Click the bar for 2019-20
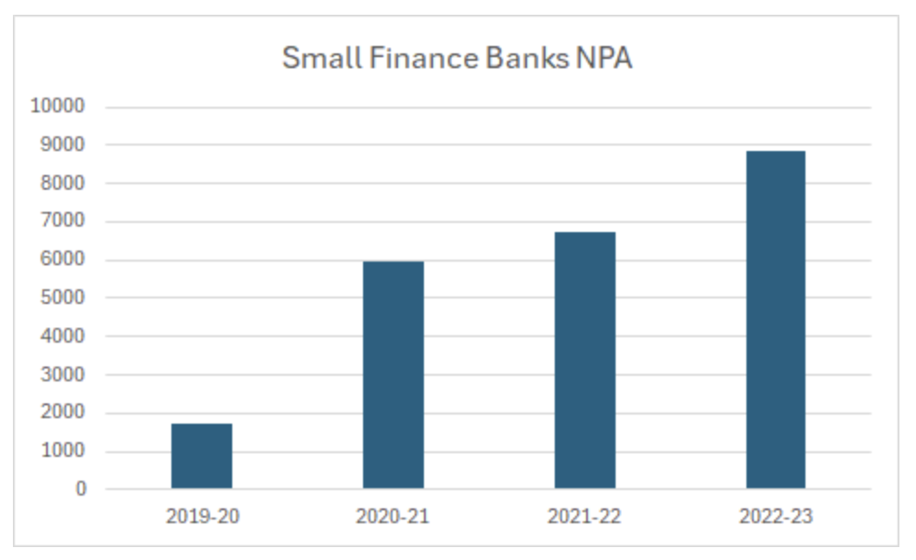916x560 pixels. point(202,456)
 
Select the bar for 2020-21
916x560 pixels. point(393,375)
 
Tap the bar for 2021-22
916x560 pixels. point(584,360)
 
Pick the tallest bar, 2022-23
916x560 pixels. point(776,320)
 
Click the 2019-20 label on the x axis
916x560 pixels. point(202,516)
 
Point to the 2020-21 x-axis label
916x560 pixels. point(393,516)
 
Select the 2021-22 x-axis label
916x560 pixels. point(584,516)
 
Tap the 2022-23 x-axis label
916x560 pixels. point(776,516)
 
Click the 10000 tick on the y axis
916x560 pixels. point(57,106)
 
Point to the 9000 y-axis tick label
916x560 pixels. point(62,145)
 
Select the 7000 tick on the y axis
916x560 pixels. point(62,221)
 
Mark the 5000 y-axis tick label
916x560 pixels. point(62,297)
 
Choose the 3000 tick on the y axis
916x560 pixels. point(62,375)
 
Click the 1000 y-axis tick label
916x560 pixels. point(62,451)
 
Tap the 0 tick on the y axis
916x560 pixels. point(81,489)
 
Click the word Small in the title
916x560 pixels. point(319,58)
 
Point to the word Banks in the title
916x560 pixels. point(522,58)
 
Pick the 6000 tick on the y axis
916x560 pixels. point(62,260)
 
